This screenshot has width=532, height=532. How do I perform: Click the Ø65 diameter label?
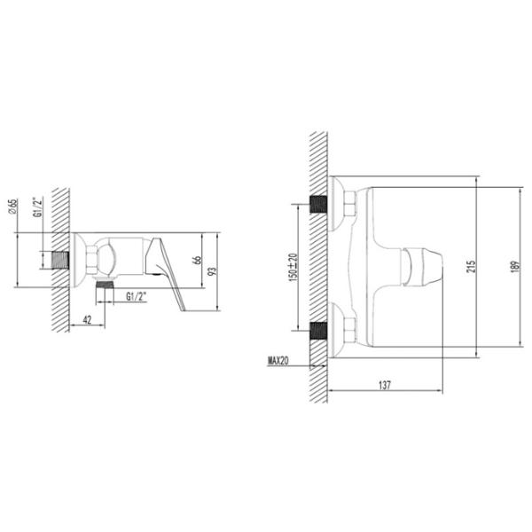coord(13,207)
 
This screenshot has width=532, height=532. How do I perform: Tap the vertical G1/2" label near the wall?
coord(39,207)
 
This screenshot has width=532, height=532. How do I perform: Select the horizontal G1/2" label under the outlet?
coord(137,296)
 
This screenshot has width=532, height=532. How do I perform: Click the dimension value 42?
coord(87,319)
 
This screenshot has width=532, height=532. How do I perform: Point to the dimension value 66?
coord(197,260)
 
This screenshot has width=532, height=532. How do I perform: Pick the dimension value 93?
coord(212,271)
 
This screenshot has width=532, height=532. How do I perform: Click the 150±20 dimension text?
coord(293,268)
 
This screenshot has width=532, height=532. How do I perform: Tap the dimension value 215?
coord(472,267)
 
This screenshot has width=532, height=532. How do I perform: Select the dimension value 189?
coord(515,267)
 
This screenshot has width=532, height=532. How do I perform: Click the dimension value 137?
coord(385,385)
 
